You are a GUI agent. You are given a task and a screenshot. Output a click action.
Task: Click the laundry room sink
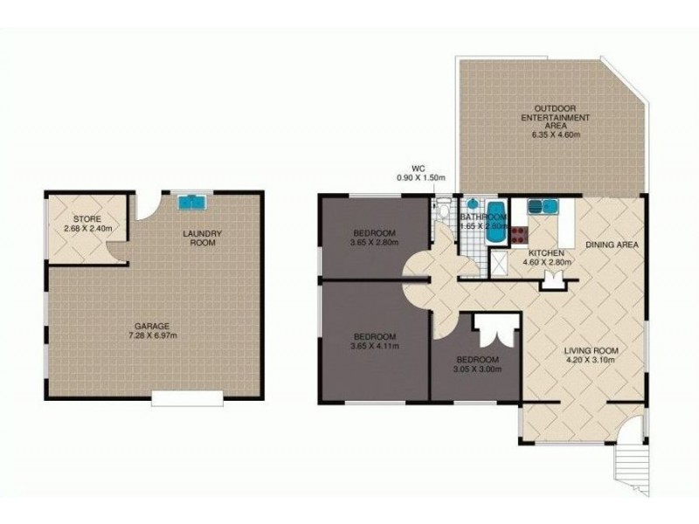192,203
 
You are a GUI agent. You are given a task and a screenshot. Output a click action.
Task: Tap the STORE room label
87,219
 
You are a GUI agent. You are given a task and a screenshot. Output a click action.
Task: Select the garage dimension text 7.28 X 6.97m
153,335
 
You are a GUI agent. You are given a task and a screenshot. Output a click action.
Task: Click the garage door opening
187,398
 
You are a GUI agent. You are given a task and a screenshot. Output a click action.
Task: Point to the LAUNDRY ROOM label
202,238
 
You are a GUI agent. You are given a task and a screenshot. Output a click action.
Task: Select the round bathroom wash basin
473,204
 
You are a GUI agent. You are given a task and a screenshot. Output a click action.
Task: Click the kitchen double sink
543,207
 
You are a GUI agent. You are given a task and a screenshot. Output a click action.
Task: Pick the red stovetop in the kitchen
518,235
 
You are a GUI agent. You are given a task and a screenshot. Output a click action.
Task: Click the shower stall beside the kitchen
499,264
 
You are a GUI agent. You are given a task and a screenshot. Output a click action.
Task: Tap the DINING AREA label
612,245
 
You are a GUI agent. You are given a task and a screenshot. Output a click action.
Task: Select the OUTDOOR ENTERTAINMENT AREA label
556,117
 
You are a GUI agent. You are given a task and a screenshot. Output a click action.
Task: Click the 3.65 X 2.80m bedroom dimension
375,243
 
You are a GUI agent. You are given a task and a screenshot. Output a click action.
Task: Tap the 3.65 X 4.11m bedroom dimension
375,346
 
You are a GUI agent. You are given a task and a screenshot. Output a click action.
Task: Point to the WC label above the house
418,169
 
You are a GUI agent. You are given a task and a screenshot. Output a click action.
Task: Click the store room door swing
117,251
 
